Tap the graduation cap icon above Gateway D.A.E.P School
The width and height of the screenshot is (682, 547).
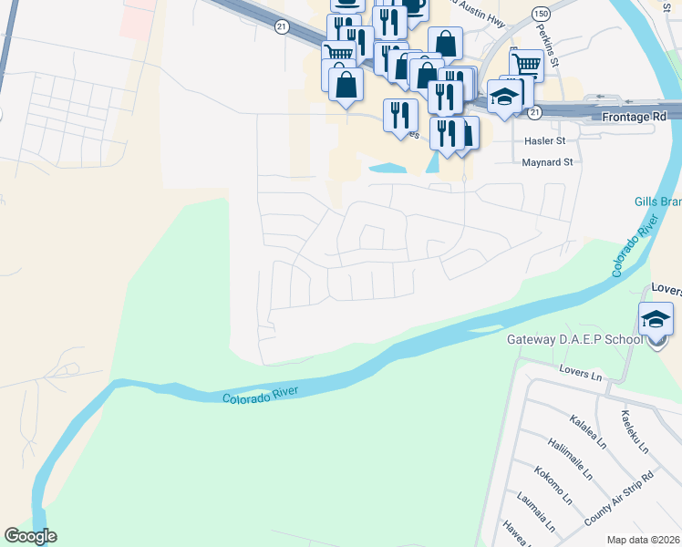pyautogui.click(x=656, y=318)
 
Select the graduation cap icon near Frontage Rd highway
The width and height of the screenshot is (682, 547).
pyautogui.click(x=503, y=97)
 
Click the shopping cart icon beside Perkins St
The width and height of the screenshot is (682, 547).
pyautogui.click(x=526, y=65)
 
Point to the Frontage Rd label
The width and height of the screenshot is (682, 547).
pyautogui.click(x=635, y=118)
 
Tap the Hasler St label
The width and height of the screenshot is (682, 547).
pyautogui.click(x=545, y=141)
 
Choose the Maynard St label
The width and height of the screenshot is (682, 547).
pyautogui.click(x=547, y=162)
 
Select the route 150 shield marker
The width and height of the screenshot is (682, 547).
pyautogui.click(x=542, y=15)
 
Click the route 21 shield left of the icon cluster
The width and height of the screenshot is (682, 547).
pyautogui.click(x=282, y=26)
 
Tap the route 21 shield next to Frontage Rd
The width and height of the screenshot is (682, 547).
pyautogui.click(x=535, y=111)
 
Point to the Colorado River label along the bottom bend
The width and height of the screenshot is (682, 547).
pyautogui.click(x=259, y=395)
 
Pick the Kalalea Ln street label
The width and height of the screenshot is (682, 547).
pyautogui.click(x=587, y=429)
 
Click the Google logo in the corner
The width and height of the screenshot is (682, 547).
pyautogui.click(x=30, y=536)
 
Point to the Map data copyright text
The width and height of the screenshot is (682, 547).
pyautogui.click(x=644, y=539)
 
